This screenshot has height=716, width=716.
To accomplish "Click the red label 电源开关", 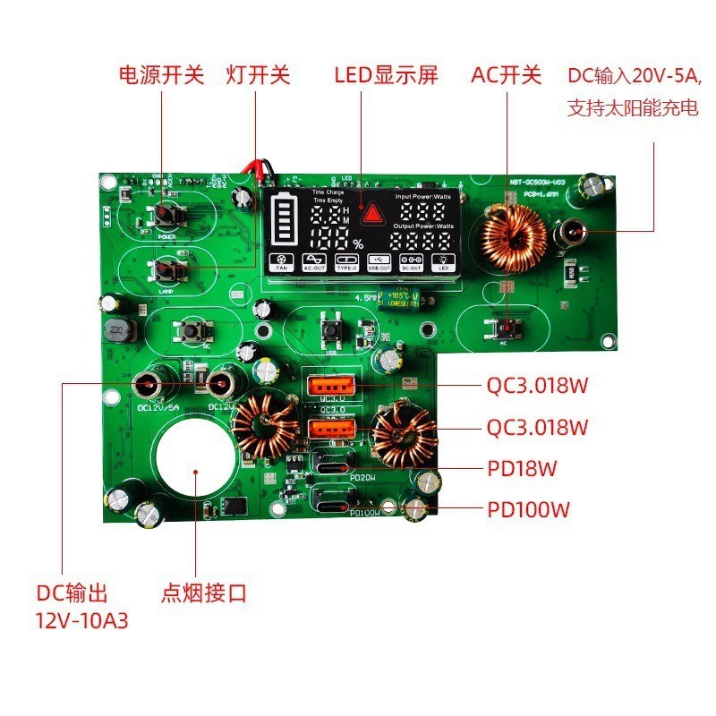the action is (x=161, y=74).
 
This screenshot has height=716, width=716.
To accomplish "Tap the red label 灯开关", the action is (x=258, y=74).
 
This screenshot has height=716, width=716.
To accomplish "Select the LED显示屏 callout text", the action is (x=386, y=74).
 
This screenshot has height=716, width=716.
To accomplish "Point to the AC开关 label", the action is (x=507, y=74).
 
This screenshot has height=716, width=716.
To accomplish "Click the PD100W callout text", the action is (x=529, y=510).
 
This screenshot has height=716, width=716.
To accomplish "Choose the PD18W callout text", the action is (x=523, y=468).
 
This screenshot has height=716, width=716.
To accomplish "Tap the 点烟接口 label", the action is (x=203, y=592).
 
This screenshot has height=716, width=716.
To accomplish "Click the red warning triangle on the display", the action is (x=370, y=213).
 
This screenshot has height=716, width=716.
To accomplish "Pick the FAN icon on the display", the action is (x=281, y=260).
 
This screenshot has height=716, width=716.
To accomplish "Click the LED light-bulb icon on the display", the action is (x=443, y=260).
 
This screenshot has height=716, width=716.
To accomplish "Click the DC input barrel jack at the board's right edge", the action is (x=569, y=234).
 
